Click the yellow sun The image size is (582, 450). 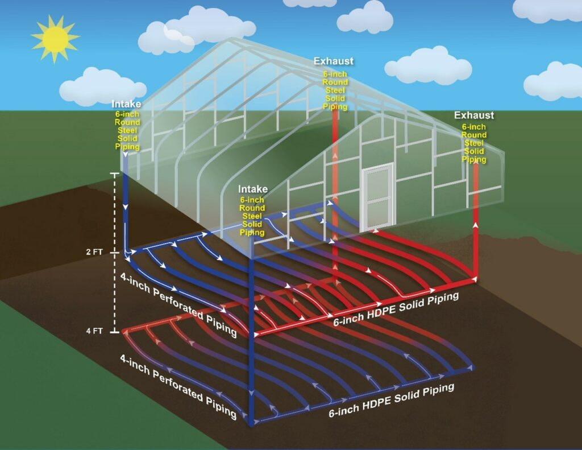point(55,38)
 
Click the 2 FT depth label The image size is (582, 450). point(94,251)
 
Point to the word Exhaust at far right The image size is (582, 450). point(474,115)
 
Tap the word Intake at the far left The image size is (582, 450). point(126,104)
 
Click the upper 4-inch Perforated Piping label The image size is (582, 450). point(179,304)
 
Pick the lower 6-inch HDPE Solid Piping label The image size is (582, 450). point(392,401)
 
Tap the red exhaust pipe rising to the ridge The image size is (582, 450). point(334,171)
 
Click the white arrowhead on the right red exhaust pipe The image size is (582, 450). point(476,226)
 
